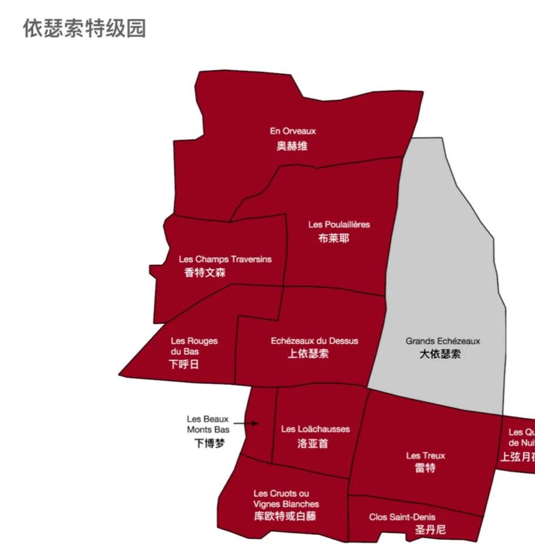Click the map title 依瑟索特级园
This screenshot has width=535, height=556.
coord(85,28)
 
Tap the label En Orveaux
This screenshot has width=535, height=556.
coord(292,131)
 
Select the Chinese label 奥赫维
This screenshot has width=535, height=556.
coord(292,146)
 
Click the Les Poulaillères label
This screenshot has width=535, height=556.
coord(339,224)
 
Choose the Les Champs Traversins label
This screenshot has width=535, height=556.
coord(225,259)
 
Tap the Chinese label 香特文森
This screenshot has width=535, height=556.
coord(205,272)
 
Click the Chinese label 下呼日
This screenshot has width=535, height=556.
coord(184,365)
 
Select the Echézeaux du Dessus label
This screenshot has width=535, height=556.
coord(314,341)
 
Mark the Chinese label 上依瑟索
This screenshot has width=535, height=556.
coord(308,354)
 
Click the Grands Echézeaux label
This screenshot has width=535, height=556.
coord(443,341)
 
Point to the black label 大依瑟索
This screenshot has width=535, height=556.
coord(440,354)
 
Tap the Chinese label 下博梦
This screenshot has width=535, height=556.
coord(209,444)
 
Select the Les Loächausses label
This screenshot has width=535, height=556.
coord(315,429)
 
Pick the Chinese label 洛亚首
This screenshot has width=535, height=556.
coord(313,443)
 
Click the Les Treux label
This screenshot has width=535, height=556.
coord(426,455)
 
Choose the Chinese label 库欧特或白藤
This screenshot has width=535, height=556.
coord(285,516)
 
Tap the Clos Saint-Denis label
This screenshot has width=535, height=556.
coord(402,517)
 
